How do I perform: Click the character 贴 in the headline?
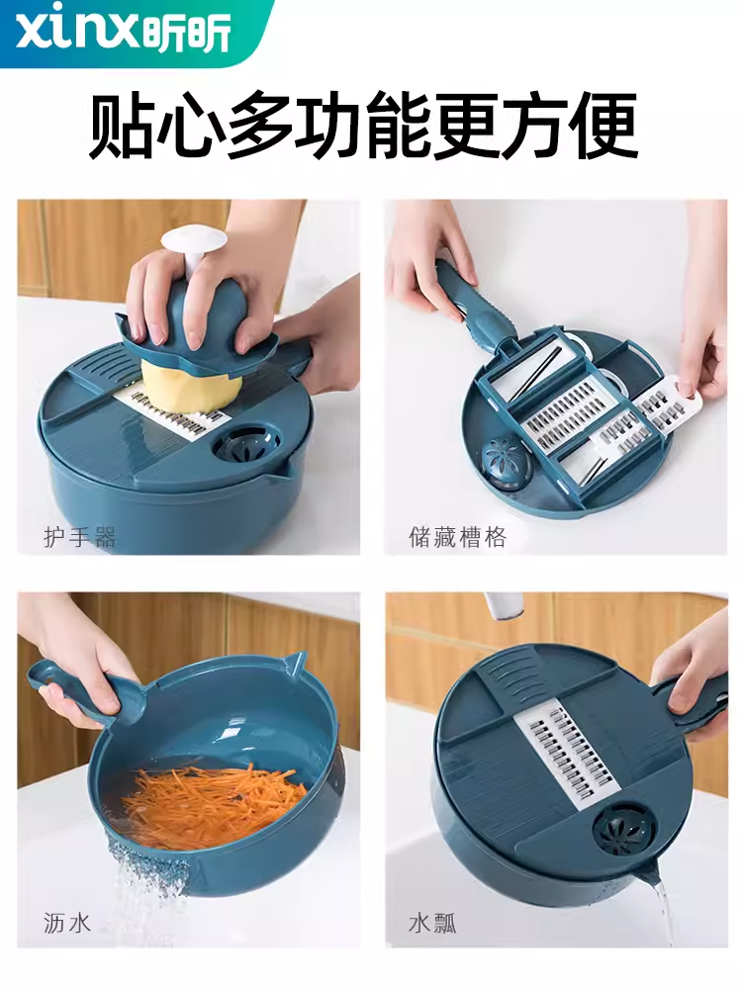pyautogui.click(x=121, y=125)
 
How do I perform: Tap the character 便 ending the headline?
pyautogui.click(x=605, y=125)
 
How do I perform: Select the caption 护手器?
pyautogui.click(x=79, y=537)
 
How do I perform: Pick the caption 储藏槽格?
pyautogui.click(x=457, y=537)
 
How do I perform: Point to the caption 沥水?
pyautogui.click(x=67, y=923)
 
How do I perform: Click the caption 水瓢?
pyautogui.click(x=432, y=924)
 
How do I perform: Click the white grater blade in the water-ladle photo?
pyautogui.click(x=565, y=757)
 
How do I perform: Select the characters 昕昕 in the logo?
pyautogui.click(x=187, y=33)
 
